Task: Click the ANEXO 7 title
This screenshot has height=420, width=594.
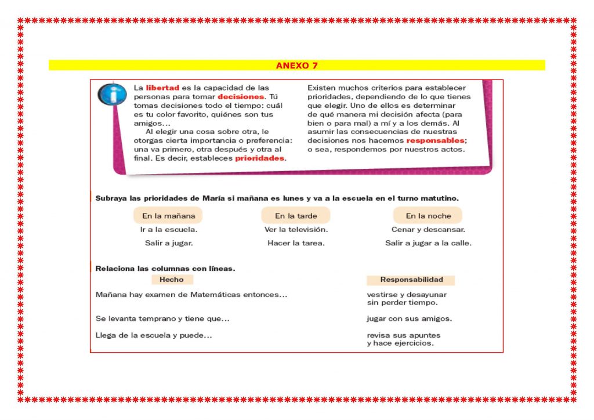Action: point(296,66)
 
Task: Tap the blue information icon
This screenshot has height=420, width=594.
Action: point(112,94)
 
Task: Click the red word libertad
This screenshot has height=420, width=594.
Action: point(162,88)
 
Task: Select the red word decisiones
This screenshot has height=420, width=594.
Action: point(241,97)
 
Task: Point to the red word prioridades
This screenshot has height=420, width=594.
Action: point(259,158)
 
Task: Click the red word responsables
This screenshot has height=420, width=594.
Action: point(435,140)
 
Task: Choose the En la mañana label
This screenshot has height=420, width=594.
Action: point(168,216)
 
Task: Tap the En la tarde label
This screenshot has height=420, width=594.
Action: point(296,216)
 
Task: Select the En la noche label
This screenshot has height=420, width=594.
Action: point(428,216)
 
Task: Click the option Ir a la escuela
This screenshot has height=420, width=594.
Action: point(168,230)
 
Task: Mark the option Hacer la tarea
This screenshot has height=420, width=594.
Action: point(296,243)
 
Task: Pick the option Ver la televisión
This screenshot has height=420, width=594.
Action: point(296,230)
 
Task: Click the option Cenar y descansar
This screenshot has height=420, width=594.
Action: point(428,230)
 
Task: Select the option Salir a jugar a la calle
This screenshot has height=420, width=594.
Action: point(428,243)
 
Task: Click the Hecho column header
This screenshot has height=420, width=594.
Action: point(171,280)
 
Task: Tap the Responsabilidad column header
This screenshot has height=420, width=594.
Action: point(411,280)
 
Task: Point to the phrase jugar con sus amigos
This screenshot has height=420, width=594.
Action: point(409,318)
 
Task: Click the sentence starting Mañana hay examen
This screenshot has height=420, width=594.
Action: point(191,295)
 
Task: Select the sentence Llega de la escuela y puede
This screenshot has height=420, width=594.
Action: point(154,335)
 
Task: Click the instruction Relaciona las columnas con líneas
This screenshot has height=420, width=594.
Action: point(165,269)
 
